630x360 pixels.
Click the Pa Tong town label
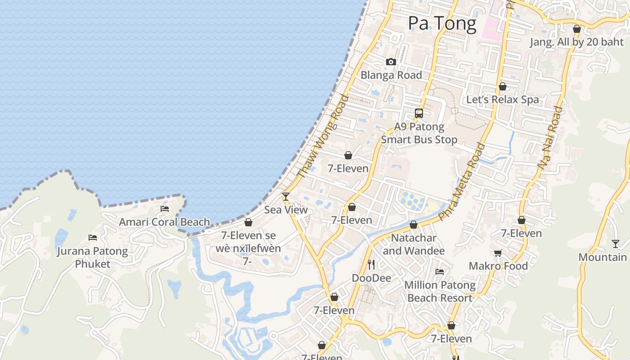442,23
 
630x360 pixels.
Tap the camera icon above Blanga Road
391,62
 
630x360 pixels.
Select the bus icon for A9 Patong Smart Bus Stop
419,113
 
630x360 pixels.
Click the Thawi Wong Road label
323,136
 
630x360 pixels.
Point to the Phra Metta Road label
462,181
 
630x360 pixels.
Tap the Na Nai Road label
549,138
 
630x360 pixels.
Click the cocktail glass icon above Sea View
285,196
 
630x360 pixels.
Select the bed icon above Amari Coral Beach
165,209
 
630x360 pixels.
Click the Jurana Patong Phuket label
92,257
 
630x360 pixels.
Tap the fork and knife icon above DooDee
371,264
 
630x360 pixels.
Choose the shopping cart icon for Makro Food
498,253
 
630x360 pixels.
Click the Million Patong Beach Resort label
440,291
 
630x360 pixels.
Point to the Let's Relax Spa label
502,99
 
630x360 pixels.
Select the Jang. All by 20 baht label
576,42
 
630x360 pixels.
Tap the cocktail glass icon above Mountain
616,244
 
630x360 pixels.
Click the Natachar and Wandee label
414,244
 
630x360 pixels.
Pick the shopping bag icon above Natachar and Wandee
414,225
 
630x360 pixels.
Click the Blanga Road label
391,75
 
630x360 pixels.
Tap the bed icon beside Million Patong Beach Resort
440,272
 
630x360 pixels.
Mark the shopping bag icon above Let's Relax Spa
502,86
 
